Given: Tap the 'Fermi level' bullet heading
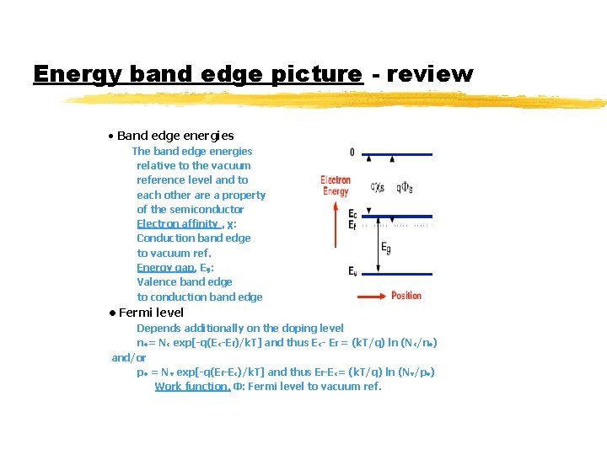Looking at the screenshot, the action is click(151, 313).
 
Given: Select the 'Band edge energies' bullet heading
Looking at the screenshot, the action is click(175, 136).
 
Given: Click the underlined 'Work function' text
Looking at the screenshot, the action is click(192, 386).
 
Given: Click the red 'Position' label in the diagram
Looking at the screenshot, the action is click(406, 296).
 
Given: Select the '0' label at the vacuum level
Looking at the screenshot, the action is click(352, 153).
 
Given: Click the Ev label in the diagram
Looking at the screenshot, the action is click(352, 270).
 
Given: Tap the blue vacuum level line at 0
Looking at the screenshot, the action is click(396, 154).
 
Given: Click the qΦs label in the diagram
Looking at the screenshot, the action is click(404, 187).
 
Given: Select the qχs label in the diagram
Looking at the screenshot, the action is click(379, 187).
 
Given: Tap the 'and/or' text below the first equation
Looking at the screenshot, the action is click(128, 357).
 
